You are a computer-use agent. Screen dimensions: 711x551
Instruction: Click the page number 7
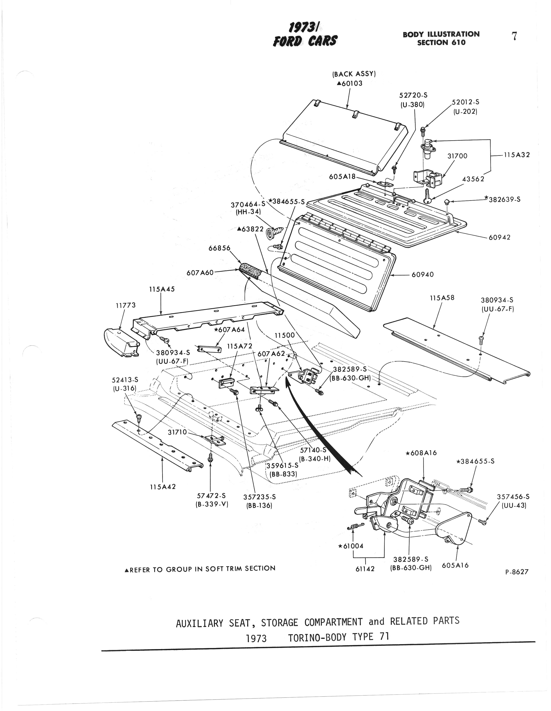[514, 36]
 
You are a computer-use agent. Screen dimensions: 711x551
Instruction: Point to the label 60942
[499, 237]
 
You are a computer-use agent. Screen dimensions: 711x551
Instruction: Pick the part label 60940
[423, 274]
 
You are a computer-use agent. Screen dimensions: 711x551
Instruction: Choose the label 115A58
[442, 298]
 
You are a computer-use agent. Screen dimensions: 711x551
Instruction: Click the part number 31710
[177, 432]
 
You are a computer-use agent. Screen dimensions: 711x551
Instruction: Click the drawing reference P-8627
[517, 572]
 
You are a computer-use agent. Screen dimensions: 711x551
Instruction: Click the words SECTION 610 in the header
[441, 42]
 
